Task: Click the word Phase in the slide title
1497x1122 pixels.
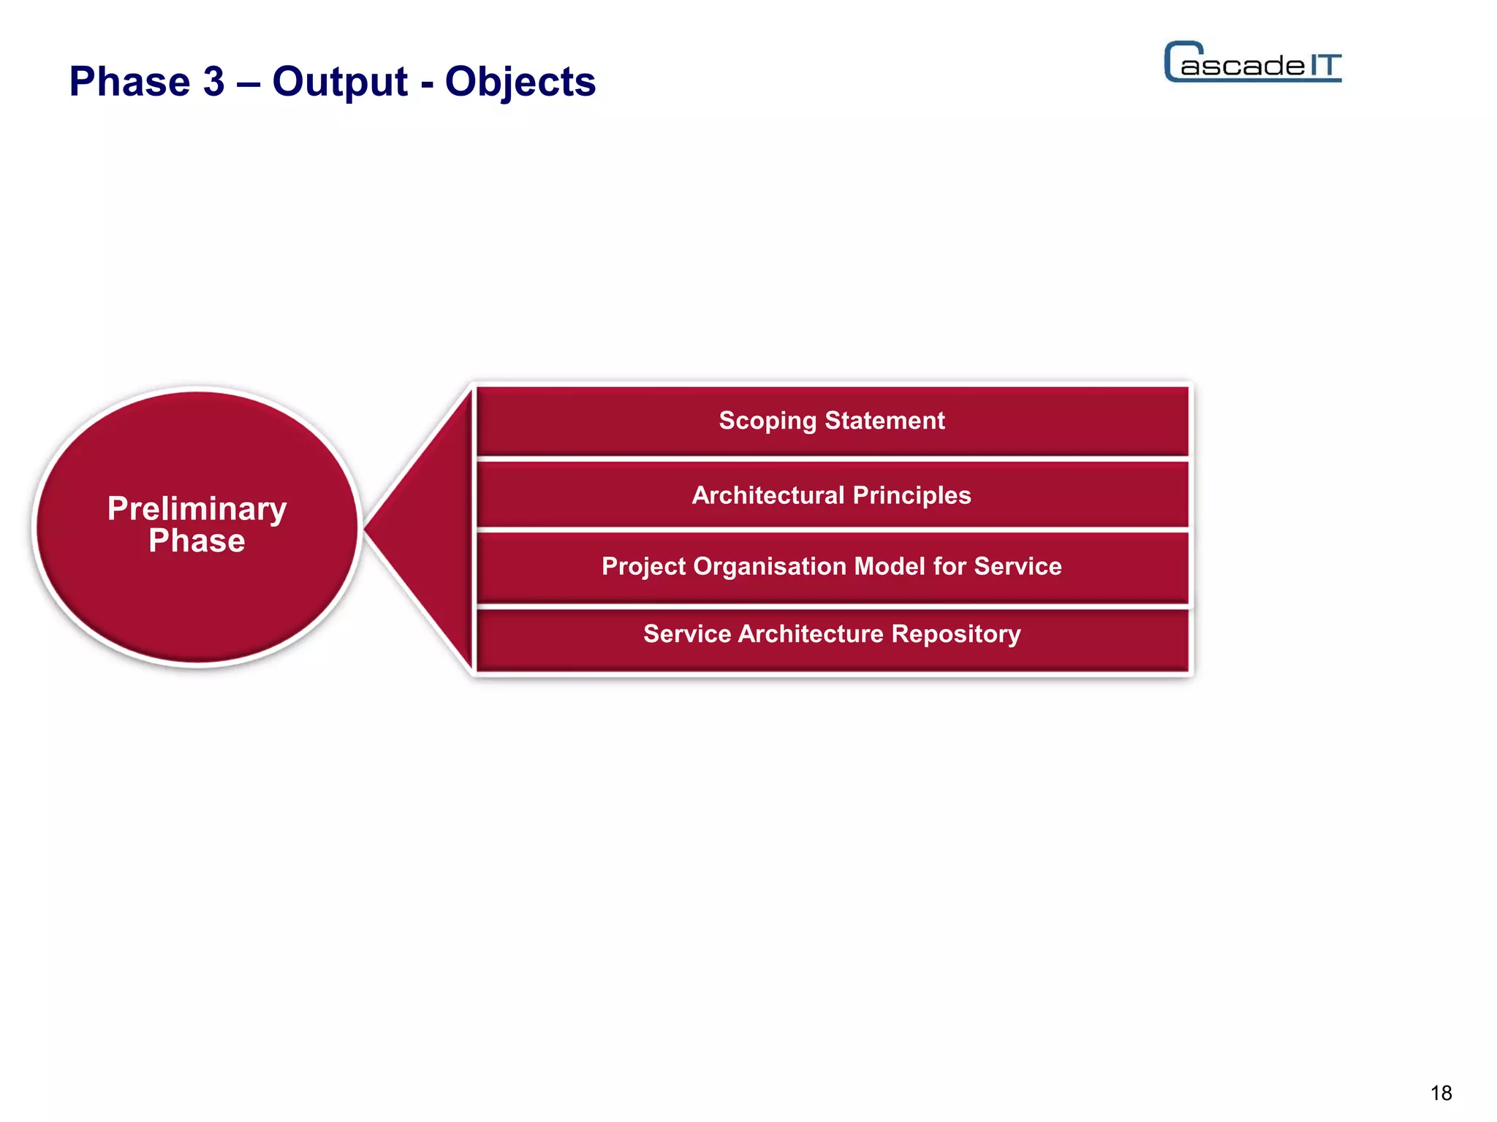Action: [129, 81]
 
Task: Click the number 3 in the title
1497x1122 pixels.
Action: [213, 81]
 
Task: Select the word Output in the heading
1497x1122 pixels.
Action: [340, 81]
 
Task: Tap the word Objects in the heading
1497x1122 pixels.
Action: [520, 81]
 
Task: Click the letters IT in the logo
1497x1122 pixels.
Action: [1324, 65]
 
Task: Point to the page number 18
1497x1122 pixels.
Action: [1441, 1093]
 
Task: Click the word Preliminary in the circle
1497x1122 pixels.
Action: [197, 508]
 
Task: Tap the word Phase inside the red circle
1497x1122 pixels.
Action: [197, 541]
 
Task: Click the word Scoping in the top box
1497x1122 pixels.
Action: [767, 421]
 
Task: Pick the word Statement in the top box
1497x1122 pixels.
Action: [884, 421]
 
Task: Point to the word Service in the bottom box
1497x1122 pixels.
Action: [686, 633]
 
